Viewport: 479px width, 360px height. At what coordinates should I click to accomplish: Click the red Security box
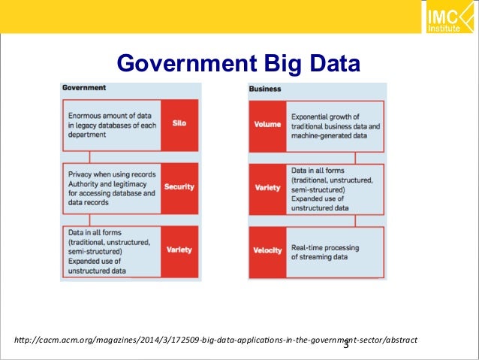point(179,186)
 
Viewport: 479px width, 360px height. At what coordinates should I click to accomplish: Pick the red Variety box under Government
point(179,250)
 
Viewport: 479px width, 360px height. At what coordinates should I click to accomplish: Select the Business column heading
point(265,88)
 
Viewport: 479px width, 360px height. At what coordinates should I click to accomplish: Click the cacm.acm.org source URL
point(210,340)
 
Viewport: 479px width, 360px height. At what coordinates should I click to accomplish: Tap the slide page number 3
point(346,345)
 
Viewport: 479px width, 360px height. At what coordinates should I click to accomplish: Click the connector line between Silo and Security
point(90,156)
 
